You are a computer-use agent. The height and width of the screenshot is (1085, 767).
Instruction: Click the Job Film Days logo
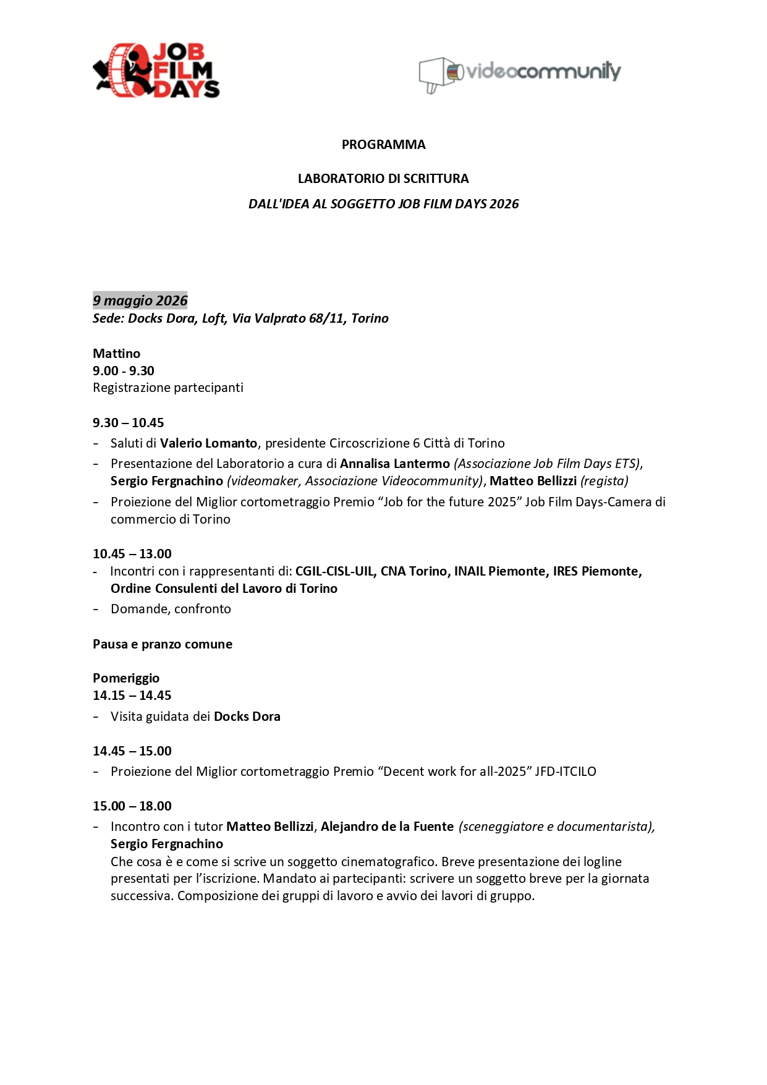pos(156,70)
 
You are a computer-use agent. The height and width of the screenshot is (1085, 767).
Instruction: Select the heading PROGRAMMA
pos(383,145)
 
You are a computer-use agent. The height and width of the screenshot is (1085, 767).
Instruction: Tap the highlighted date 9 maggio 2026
pos(140,300)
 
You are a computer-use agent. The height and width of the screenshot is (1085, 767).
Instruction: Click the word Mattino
pos(117,354)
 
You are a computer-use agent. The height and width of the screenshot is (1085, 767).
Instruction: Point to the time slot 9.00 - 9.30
pos(124,371)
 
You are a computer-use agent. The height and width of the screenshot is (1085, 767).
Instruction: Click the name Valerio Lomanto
pos(208,443)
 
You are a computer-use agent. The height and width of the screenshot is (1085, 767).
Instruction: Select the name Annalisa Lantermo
pos(395,464)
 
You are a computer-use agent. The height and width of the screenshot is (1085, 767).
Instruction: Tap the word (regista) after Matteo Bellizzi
pos(604,481)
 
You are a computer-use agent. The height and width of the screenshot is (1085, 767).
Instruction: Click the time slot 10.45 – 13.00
pos(132,554)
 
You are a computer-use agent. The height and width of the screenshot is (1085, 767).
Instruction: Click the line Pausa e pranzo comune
pos(163,644)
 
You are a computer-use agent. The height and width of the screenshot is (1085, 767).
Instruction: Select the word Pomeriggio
pos(126,678)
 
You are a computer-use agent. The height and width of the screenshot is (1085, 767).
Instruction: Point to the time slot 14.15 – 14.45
pos(132,696)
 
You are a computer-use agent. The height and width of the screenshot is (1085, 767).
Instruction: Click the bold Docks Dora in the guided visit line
pos(247,717)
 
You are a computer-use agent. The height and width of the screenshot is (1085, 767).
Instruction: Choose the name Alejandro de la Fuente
pos(387,827)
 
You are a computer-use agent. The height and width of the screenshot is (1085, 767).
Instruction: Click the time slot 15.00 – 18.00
pos(132,806)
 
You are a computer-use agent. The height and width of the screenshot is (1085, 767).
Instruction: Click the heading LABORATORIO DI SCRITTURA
pos(383,179)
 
